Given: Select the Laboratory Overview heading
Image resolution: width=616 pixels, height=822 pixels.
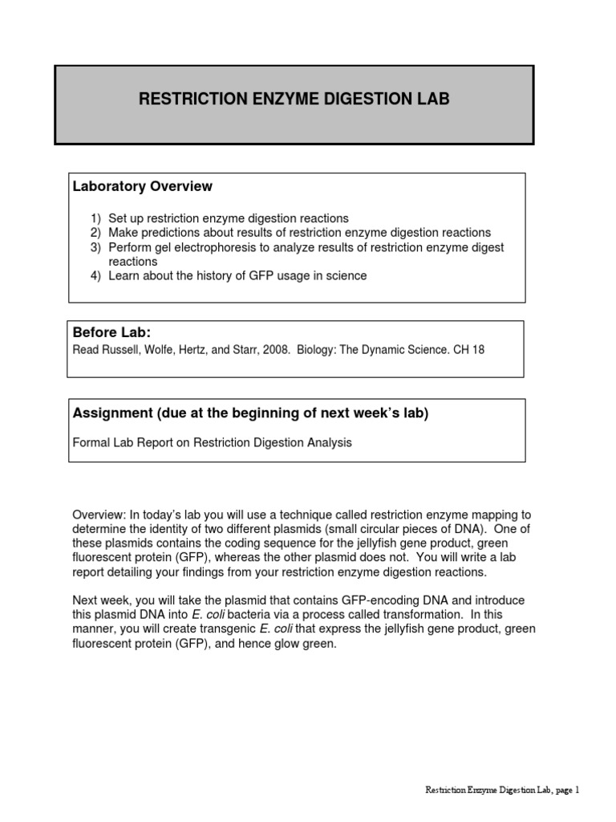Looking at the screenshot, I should click(143, 186).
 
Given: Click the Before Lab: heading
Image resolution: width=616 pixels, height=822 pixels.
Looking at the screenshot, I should click(107, 332).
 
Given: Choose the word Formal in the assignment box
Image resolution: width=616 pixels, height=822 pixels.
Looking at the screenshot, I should click(89, 442).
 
